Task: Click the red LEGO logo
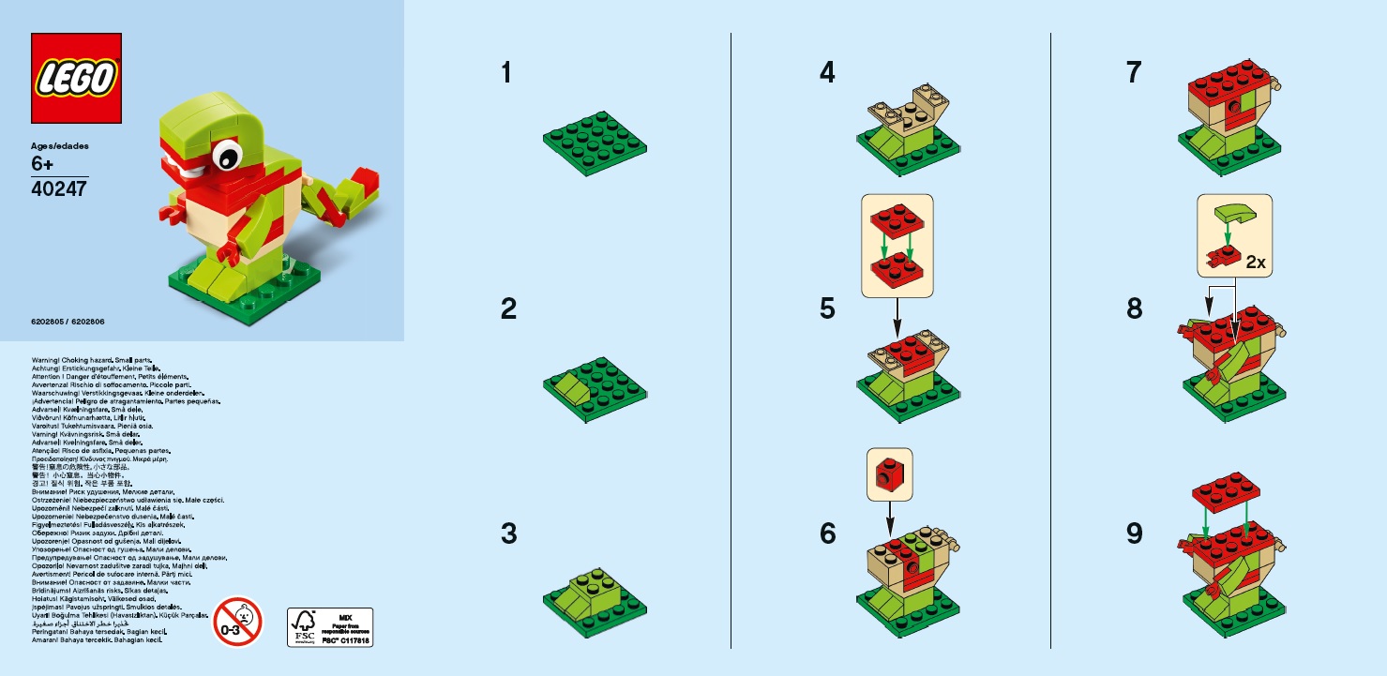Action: tap(77, 79)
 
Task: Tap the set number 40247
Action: tap(58, 188)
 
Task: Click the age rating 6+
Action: tap(43, 163)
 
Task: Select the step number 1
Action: tap(507, 72)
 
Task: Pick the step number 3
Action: tap(508, 533)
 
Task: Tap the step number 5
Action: tap(827, 308)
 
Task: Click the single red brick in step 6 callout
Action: tap(889, 474)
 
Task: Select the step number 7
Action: tap(1135, 72)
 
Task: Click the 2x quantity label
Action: tap(1255, 263)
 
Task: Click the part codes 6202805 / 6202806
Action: tap(68, 322)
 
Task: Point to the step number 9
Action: tap(1135, 533)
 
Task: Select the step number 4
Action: tap(827, 72)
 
